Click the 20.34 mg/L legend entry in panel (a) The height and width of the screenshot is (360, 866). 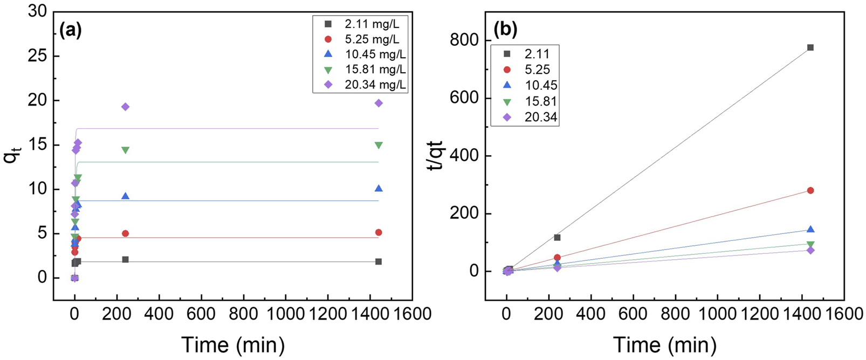click(x=360, y=85)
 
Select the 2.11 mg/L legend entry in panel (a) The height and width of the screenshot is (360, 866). click(x=360, y=24)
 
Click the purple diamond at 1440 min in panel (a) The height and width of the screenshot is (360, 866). click(x=379, y=103)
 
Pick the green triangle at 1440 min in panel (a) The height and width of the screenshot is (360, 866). click(x=379, y=146)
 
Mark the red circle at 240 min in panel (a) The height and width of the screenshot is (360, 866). click(x=125, y=233)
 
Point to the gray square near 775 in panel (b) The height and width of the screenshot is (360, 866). click(x=810, y=47)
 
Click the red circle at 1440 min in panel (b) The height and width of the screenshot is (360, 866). click(x=810, y=190)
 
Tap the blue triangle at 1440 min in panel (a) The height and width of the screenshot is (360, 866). click(x=379, y=188)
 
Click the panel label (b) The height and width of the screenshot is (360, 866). click(x=505, y=30)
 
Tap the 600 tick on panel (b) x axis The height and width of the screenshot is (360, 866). click(x=633, y=314)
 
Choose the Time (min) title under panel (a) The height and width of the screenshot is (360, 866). click(x=232, y=344)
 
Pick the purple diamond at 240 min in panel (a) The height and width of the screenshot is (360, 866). click(x=125, y=107)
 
